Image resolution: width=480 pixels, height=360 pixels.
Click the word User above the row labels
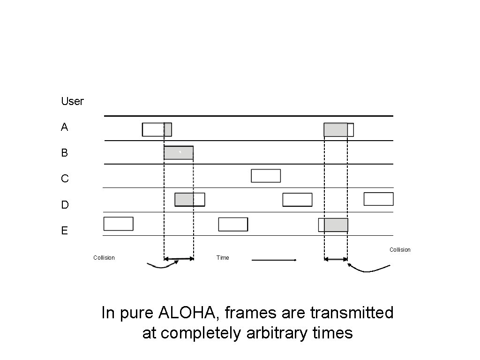[x=72, y=101]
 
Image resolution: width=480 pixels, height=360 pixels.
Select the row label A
[x=64, y=127]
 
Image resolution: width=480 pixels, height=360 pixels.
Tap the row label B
[x=64, y=153]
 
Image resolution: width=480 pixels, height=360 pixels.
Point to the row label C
[x=65, y=179]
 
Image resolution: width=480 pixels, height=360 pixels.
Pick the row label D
[x=65, y=205]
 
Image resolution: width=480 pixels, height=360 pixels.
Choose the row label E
[x=64, y=231]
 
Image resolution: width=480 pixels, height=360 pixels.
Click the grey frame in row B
[x=179, y=153]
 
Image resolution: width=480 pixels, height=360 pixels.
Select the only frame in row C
[x=266, y=176]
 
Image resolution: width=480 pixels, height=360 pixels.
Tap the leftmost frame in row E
[x=118, y=224]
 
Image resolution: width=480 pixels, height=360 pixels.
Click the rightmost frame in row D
[x=378, y=199]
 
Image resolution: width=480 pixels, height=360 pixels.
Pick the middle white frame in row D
[x=297, y=200]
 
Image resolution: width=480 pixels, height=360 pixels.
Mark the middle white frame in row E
[x=233, y=225]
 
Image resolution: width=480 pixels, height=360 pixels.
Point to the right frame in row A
[x=338, y=130]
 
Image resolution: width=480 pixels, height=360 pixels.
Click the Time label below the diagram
[x=223, y=258]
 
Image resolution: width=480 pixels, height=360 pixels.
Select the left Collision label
[x=104, y=258]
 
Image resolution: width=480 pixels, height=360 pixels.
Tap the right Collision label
[x=400, y=250]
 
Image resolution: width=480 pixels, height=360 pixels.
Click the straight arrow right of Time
[x=274, y=260]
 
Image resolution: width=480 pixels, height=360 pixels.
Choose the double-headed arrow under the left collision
[x=179, y=259]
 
